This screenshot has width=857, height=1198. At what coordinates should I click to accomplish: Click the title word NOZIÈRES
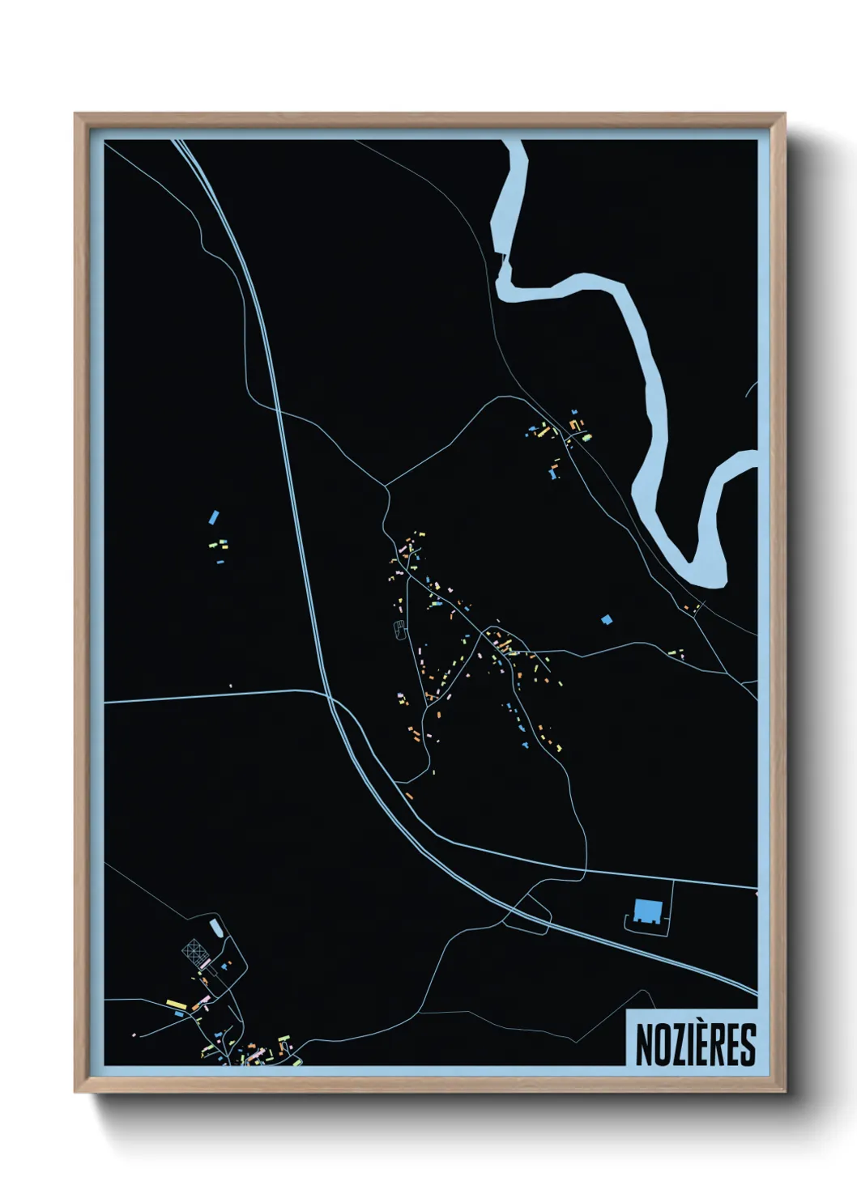click(695, 1045)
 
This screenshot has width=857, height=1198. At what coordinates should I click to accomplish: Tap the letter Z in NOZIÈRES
click(676, 1045)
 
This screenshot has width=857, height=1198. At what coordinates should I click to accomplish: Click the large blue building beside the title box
click(646, 911)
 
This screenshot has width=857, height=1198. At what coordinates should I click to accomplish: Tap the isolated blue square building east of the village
click(607, 619)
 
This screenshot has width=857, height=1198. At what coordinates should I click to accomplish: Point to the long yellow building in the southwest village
click(177, 1005)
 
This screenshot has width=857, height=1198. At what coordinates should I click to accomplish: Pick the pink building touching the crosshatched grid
click(205, 963)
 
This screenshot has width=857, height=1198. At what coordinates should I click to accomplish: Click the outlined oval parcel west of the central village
click(399, 629)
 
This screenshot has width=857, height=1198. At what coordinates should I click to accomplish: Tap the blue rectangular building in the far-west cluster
click(214, 516)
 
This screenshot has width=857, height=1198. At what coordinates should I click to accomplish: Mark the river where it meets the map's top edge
click(514, 142)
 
